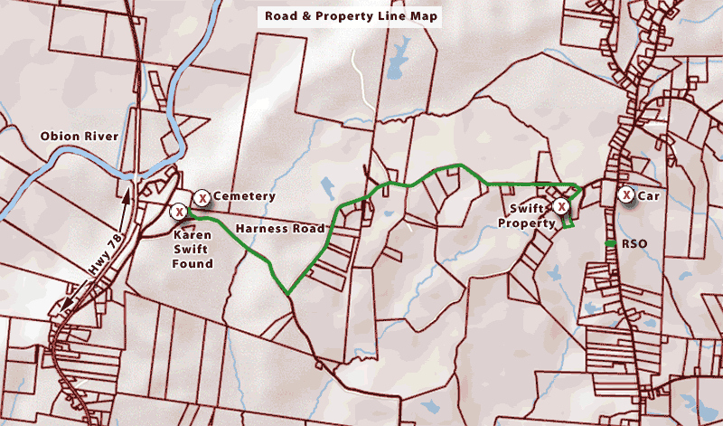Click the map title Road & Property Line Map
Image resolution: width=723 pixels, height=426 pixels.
350,15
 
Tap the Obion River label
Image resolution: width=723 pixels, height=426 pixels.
75,137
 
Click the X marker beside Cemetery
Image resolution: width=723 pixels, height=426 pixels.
203,197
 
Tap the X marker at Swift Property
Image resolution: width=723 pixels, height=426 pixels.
561,207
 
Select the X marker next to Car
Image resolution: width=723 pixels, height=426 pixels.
625,194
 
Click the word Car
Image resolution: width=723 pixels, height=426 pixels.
648,195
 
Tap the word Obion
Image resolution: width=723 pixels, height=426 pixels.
59,137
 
